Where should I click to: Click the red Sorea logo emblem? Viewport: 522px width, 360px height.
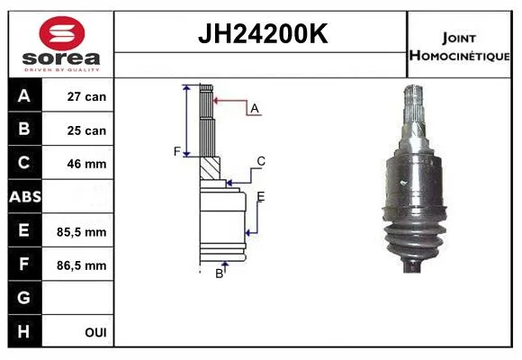[62, 33]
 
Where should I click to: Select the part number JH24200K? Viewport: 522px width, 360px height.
[263, 33]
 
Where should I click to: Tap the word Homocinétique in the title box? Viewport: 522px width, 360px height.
[459, 55]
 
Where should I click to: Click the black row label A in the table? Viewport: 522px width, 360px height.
[24, 96]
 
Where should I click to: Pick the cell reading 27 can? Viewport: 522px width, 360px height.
[86, 96]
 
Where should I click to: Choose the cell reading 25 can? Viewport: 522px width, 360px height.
[86, 130]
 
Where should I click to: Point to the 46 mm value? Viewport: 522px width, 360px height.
[86, 164]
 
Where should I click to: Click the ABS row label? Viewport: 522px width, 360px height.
[25, 197]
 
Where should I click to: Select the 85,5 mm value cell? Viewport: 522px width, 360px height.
[82, 232]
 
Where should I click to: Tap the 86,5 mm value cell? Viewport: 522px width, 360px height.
[82, 265]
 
